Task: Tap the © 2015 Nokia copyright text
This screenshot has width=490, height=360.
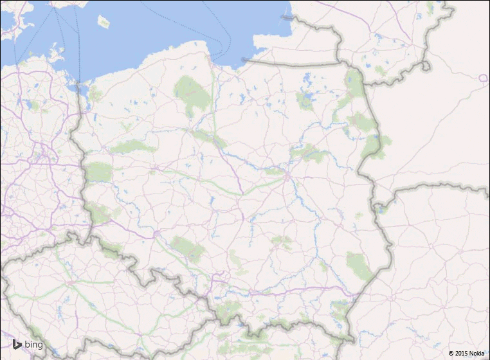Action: point(466,353)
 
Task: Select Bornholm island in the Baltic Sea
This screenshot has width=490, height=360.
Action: point(104,22)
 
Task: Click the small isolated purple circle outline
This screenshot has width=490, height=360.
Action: point(483,78)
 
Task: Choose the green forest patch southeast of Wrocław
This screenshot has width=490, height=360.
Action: point(187,248)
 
